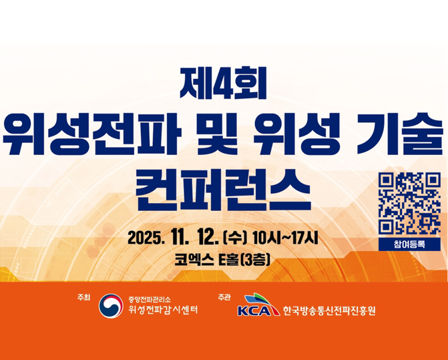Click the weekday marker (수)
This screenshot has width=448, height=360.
(x=237, y=237)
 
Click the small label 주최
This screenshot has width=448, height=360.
(x=84, y=297)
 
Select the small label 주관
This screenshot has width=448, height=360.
(x=224, y=297)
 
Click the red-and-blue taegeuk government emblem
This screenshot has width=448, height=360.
(x=111, y=307)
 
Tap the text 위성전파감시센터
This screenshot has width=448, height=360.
(x=162, y=311)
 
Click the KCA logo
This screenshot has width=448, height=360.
(x=256, y=308)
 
